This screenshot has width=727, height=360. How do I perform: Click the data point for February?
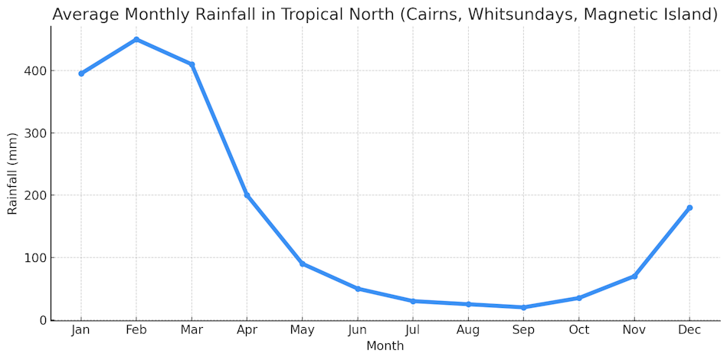(x=136, y=39)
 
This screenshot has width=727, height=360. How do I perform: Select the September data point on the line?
(x=523, y=307)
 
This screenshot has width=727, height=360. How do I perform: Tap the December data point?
(x=689, y=208)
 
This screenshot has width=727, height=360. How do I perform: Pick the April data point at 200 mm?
(x=247, y=195)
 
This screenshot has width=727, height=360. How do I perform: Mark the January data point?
(x=81, y=74)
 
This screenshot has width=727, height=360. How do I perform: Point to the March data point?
(x=192, y=64)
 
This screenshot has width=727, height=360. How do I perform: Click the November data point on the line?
(x=634, y=276)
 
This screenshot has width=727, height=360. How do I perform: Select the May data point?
(x=302, y=263)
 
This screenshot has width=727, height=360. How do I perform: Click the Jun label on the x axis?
(x=357, y=330)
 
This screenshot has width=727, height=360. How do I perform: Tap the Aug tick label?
(x=468, y=330)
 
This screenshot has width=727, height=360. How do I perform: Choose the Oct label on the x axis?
(x=578, y=330)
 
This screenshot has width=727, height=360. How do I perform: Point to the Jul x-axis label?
(x=413, y=330)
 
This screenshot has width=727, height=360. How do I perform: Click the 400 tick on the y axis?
(x=35, y=70)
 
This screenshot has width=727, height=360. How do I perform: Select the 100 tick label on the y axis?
(x=35, y=257)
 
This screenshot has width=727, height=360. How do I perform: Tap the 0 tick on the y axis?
(x=42, y=320)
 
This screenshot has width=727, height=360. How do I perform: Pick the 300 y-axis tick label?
(x=35, y=133)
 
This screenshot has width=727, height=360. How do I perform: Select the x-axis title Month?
(x=385, y=346)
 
